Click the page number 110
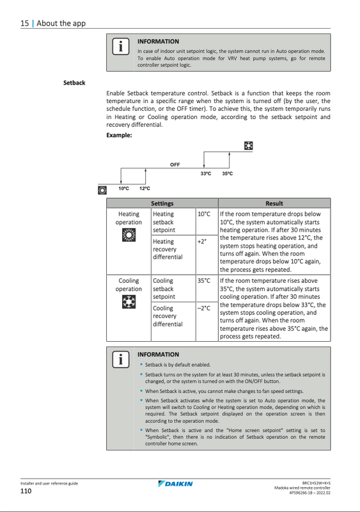pyautogui.click(x=26, y=491)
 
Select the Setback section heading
pyautogui.click(x=74, y=83)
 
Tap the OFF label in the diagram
pyautogui.click(x=175, y=164)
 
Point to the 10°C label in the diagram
pyautogui.click(x=123, y=189)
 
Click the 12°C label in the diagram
pyautogui.click(x=145, y=189)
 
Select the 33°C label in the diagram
pyautogui.click(x=206, y=174)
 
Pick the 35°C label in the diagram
pyautogui.click(x=227, y=174)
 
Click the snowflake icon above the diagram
pyautogui.click(x=248, y=146)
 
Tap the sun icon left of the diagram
pyautogui.click(x=102, y=189)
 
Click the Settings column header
pyautogui.click(x=162, y=204)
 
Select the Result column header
pyautogui.click(x=274, y=204)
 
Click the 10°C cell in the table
pyautogui.click(x=204, y=214)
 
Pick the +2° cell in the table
pyautogui.click(x=202, y=241)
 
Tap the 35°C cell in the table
pyautogui.click(x=204, y=280)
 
